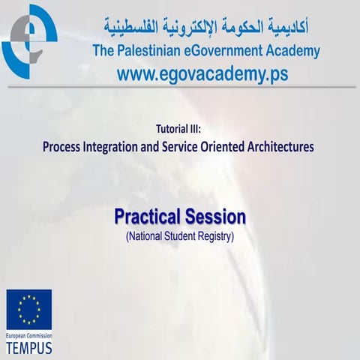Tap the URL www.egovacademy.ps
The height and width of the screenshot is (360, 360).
202,74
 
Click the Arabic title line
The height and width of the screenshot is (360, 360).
206,28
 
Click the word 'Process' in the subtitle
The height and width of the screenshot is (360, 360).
67,146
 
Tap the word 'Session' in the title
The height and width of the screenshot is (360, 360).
214,217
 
